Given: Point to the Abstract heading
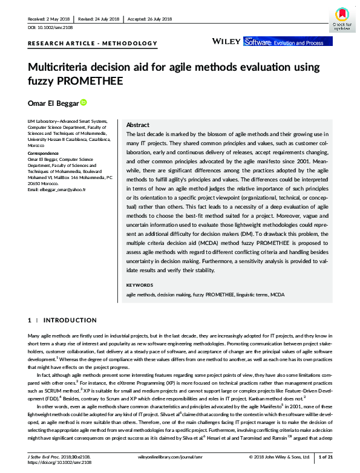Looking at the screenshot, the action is tap(137, 123).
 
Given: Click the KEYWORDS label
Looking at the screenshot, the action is tap(140, 284).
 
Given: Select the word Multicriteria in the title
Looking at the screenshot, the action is tap(57, 67).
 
